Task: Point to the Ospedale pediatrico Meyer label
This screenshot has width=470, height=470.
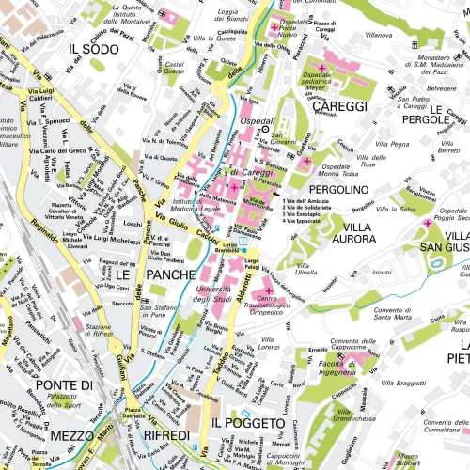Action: point(341,86)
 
